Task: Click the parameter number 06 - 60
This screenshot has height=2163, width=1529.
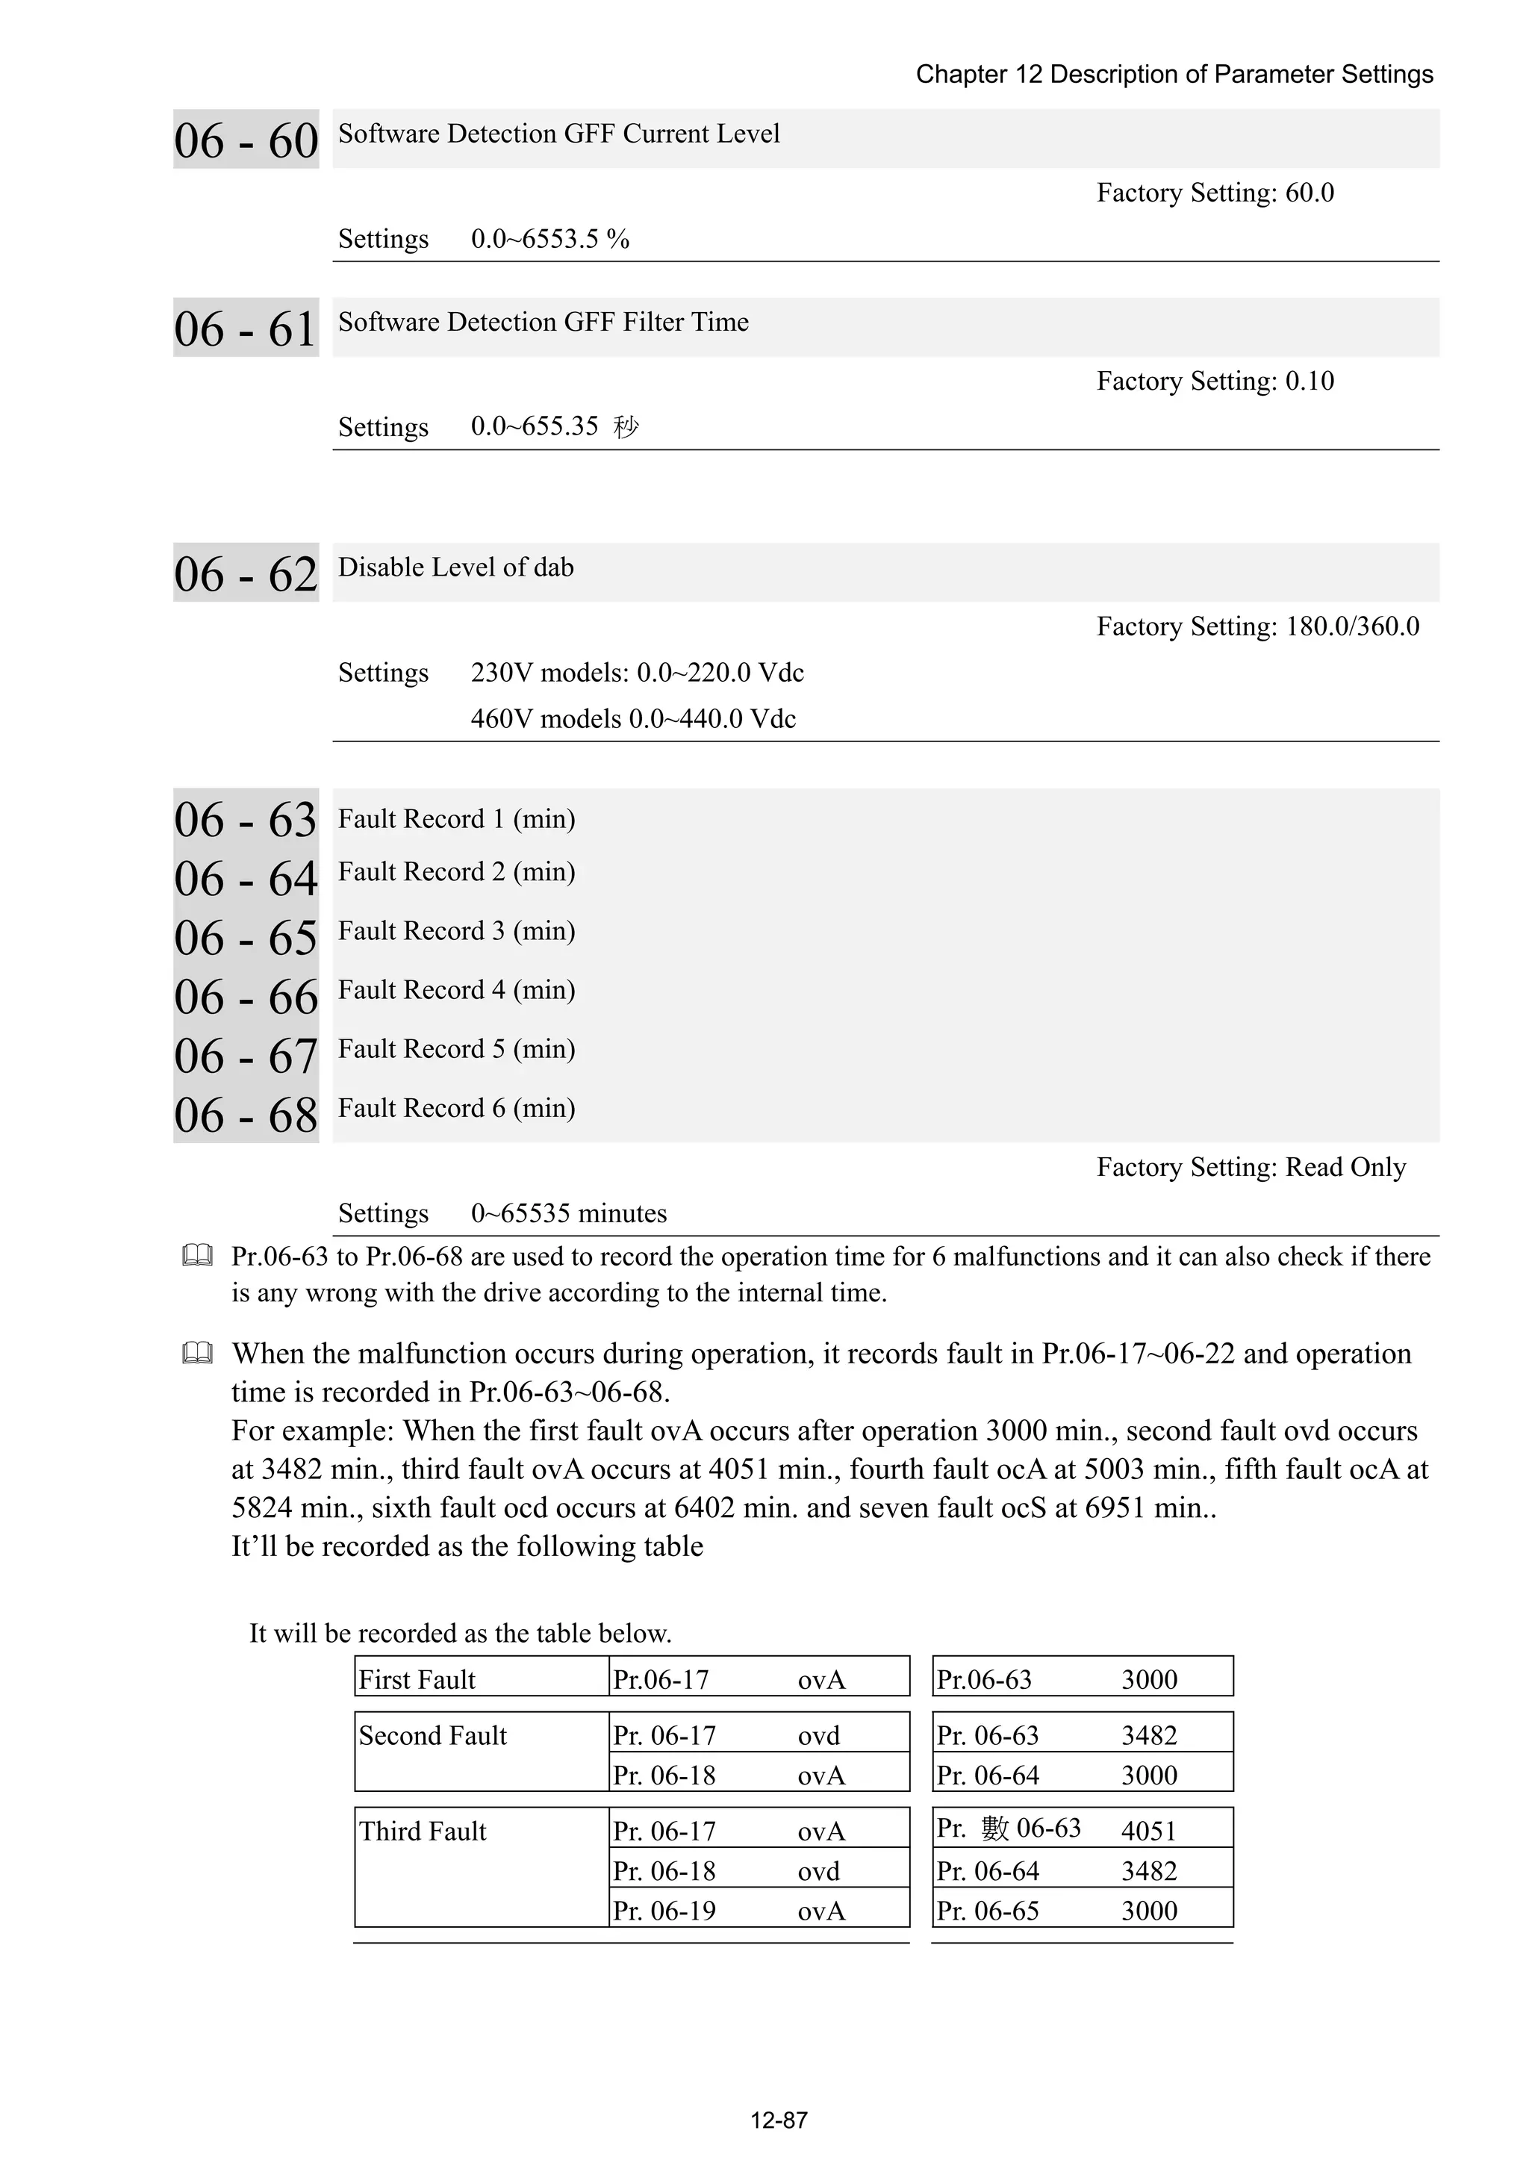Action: (x=246, y=140)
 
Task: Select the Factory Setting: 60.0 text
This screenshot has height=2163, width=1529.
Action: (x=1215, y=193)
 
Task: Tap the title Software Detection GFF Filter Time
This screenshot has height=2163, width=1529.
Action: (x=543, y=323)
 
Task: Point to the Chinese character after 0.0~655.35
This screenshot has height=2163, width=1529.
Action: (x=626, y=428)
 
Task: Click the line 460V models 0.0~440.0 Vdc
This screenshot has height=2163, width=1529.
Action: (x=633, y=719)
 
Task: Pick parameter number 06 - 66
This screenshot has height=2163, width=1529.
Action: (x=246, y=997)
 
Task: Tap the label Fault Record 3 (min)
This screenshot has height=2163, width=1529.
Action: (x=456, y=931)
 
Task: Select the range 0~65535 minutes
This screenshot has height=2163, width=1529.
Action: (x=568, y=1213)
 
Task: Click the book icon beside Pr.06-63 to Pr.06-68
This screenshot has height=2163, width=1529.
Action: (x=197, y=1256)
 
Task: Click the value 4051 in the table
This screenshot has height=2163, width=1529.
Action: (x=1148, y=1831)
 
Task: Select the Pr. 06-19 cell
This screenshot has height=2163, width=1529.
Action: (x=664, y=1911)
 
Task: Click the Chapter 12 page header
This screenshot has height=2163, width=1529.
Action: (x=1174, y=75)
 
